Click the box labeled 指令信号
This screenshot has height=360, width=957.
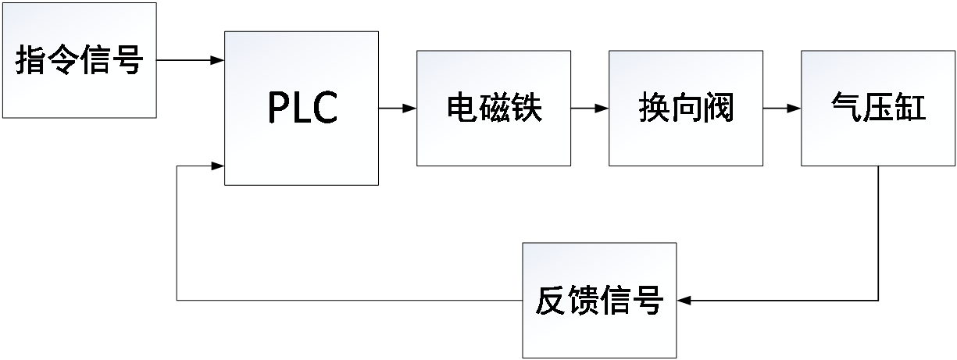pyautogui.click(x=79, y=60)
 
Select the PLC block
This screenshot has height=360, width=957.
pyautogui.click(x=302, y=108)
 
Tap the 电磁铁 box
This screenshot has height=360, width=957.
pyautogui.click(x=493, y=108)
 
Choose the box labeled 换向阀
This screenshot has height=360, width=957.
pyautogui.click(x=685, y=108)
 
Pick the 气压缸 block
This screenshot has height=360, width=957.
pyautogui.click(x=878, y=108)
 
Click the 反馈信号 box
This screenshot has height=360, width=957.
pyautogui.click(x=599, y=301)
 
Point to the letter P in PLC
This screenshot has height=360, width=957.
pyautogui.click(x=279, y=109)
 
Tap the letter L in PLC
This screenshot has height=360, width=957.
pyautogui.click(x=302, y=109)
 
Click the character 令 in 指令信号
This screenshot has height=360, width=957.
pyautogui.click(x=63, y=61)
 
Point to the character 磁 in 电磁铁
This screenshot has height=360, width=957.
pyautogui.click(x=494, y=109)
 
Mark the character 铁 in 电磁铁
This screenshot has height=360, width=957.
pyautogui.click(x=526, y=109)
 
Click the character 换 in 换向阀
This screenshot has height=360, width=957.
pyautogui.click(x=654, y=109)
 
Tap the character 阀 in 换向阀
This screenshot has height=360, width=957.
pyautogui.click(x=718, y=109)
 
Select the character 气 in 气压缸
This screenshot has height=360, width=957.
pyautogui.click(x=846, y=109)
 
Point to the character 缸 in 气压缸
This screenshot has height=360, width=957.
pyautogui.click(x=910, y=109)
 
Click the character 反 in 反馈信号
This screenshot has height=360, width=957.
pyautogui.click(x=551, y=301)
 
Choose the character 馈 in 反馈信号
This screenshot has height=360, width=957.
pyautogui.click(x=583, y=301)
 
